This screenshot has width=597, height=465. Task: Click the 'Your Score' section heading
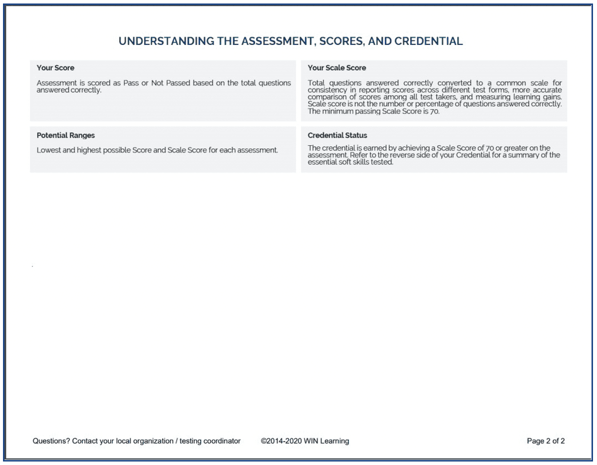[x=55, y=68]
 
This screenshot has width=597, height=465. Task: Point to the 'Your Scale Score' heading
[x=337, y=68]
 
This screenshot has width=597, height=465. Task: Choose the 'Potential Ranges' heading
[x=66, y=135]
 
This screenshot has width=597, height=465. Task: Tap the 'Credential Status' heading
[x=337, y=135]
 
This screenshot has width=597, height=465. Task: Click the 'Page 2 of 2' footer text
[x=546, y=441]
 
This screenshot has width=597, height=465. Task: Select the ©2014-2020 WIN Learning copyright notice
[x=305, y=441]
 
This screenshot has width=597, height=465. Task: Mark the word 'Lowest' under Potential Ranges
[x=48, y=150]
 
